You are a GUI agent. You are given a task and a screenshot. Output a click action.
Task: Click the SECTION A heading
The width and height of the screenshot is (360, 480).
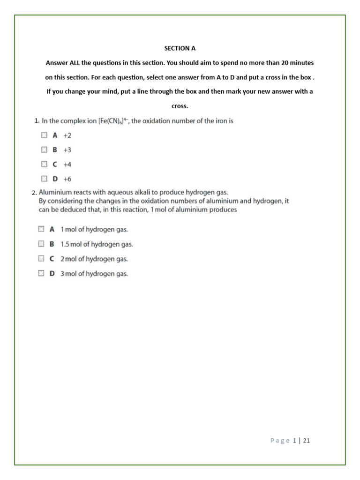point(180,48)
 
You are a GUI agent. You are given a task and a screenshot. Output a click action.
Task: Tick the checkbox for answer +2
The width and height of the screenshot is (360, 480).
point(44,135)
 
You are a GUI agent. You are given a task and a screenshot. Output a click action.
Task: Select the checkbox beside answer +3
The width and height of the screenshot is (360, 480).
point(44,150)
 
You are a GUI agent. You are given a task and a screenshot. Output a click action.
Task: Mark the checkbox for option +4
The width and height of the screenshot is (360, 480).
point(44,164)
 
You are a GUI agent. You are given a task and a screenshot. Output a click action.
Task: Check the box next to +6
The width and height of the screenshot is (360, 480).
point(44,179)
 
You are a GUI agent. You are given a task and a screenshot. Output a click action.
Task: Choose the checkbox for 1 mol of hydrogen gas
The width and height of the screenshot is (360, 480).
point(41,229)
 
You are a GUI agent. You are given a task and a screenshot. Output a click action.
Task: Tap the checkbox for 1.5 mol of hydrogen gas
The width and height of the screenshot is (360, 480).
point(41,244)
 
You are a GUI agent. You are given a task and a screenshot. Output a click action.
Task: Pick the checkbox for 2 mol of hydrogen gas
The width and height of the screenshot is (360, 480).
point(41,258)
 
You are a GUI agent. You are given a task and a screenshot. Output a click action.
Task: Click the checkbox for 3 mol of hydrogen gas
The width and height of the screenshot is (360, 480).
point(41,273)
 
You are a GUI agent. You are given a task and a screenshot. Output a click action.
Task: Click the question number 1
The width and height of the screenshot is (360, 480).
point(37,121)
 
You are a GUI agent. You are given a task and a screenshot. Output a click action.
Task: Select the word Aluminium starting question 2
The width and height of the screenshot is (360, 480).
point(54,192)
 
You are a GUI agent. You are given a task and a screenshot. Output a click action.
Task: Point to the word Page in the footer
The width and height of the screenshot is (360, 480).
point(280,441)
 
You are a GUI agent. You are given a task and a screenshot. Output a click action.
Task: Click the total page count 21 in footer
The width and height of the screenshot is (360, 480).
point(307,441)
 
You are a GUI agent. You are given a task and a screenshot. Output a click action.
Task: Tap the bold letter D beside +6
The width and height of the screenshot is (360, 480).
point(55,179)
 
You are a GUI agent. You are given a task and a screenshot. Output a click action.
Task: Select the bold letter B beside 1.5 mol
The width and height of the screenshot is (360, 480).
point(52,244)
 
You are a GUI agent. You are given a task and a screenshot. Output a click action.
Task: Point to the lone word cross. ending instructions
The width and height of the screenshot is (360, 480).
point(180,106)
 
